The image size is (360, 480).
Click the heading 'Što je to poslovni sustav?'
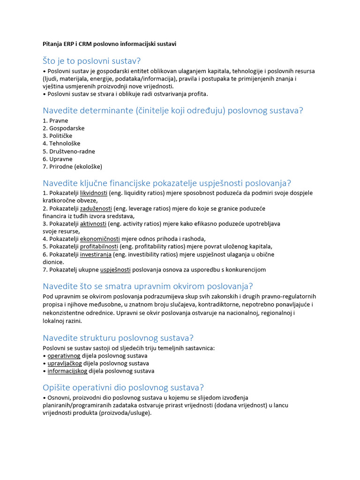91,61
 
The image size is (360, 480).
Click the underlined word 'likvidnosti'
94,193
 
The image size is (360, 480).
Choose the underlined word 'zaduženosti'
96,208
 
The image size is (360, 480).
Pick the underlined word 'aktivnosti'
93,224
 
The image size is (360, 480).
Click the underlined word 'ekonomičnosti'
100,239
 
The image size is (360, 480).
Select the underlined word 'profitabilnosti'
99,247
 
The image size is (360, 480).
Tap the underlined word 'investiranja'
96,255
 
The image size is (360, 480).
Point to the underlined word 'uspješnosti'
115,270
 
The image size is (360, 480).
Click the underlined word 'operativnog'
64,356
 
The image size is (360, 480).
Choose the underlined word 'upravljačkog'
65,363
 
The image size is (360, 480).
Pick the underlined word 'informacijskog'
67,371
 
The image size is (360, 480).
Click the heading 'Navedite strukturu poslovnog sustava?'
118,338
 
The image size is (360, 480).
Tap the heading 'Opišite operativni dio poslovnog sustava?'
123,388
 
